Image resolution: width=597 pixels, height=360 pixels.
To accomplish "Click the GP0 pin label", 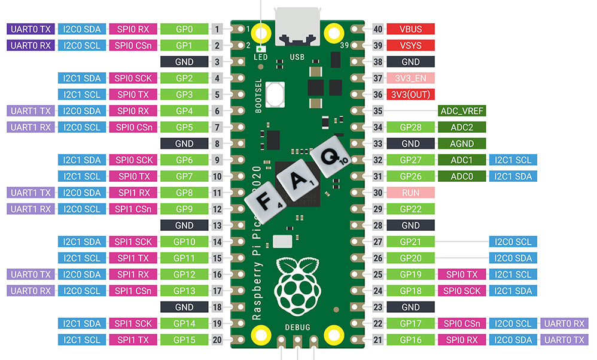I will pyautogui.click(x=184, y=29).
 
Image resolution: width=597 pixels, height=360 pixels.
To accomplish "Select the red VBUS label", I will pyautogui.click(x=410, y=29).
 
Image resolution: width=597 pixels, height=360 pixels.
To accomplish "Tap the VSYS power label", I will pyautogui.click(x=410, y=45).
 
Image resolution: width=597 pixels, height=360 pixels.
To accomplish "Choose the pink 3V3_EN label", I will pyautogui.click(x=410, y=78).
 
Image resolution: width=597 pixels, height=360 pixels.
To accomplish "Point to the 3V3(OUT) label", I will pyautogui.click(x=410, y=94).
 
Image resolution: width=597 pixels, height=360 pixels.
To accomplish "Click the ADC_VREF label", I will pyautogui.click(x=461, y=111).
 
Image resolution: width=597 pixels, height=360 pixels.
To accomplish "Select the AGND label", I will pyautogui.click(x=461, y=144).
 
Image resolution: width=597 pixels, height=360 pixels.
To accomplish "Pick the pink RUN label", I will pyautogui.click(x=410, y=193).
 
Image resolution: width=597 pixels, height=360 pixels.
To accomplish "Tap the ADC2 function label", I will pyautogui.click(x=461, y=127).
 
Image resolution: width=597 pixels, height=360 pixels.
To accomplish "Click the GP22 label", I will pyautogui.click(x=410, y=209).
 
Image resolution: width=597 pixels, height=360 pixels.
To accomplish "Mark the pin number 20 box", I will pyautogui.click(x=217, y=340).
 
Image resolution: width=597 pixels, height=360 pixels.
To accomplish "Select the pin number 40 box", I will pyautogui.click(x=377, y=29).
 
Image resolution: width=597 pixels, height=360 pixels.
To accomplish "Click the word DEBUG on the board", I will pyautogui.click(x=297, y=328).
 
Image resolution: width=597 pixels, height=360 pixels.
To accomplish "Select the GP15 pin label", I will pyautogui.click(x=184, y=340).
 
